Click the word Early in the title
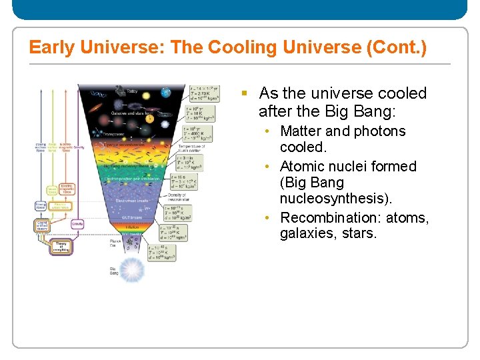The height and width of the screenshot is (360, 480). [x=52, y=48]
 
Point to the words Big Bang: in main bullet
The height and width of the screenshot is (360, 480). [x=359, y=111]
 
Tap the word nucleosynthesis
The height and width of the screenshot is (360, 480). [x=335, y=199]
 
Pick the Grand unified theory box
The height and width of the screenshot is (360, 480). [x=42, y=226]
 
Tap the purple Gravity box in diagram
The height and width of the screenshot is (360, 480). [x=77, y=225]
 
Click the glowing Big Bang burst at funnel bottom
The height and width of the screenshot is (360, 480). [x=133, y=270]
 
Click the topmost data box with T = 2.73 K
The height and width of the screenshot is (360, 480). [x=201, y=93]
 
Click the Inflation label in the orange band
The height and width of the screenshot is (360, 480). [x=133, y=227]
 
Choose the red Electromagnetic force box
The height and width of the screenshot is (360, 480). [x=67, y=191]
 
